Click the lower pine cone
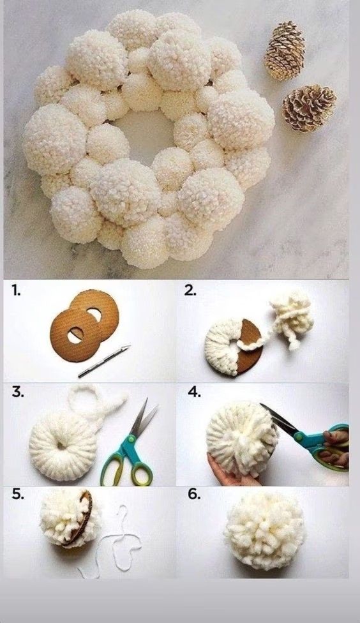[x=309, y=108]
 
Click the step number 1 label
[x=15, y=291]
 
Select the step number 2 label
[x=190, y=291]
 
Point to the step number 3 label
[x=18, y=392]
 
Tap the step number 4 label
[x=194, y=392]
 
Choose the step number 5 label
[x=18, y=494]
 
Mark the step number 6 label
[x=194, y=494]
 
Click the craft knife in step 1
[x=103, y=361]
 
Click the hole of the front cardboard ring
[x=75, y=336]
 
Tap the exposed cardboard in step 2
[x=250, y=345]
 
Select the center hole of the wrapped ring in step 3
[x=61, y=446]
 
